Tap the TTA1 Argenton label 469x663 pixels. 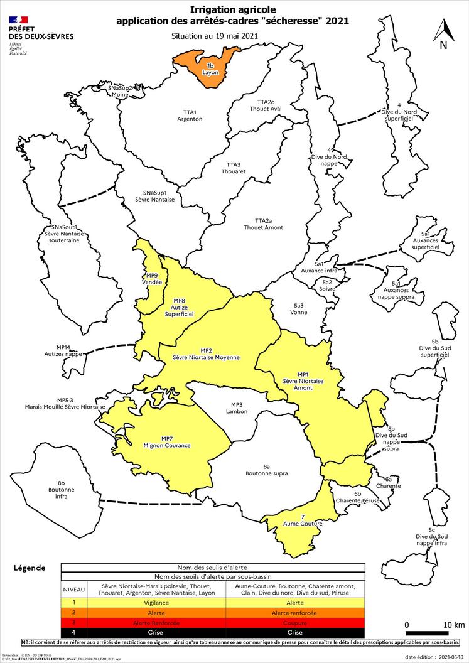(190, 115)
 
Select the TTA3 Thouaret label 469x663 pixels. (234, 168)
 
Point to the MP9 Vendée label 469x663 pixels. (152, 279)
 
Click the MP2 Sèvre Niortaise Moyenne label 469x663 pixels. (207, 353)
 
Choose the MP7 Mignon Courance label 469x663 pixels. (167, 441)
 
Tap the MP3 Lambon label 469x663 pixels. (237, 408)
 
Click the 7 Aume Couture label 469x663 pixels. (303, 520)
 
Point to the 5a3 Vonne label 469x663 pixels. (299, 308)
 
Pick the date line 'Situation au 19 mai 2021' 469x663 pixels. (215, 36)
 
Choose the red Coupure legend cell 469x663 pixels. (294, 622)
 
